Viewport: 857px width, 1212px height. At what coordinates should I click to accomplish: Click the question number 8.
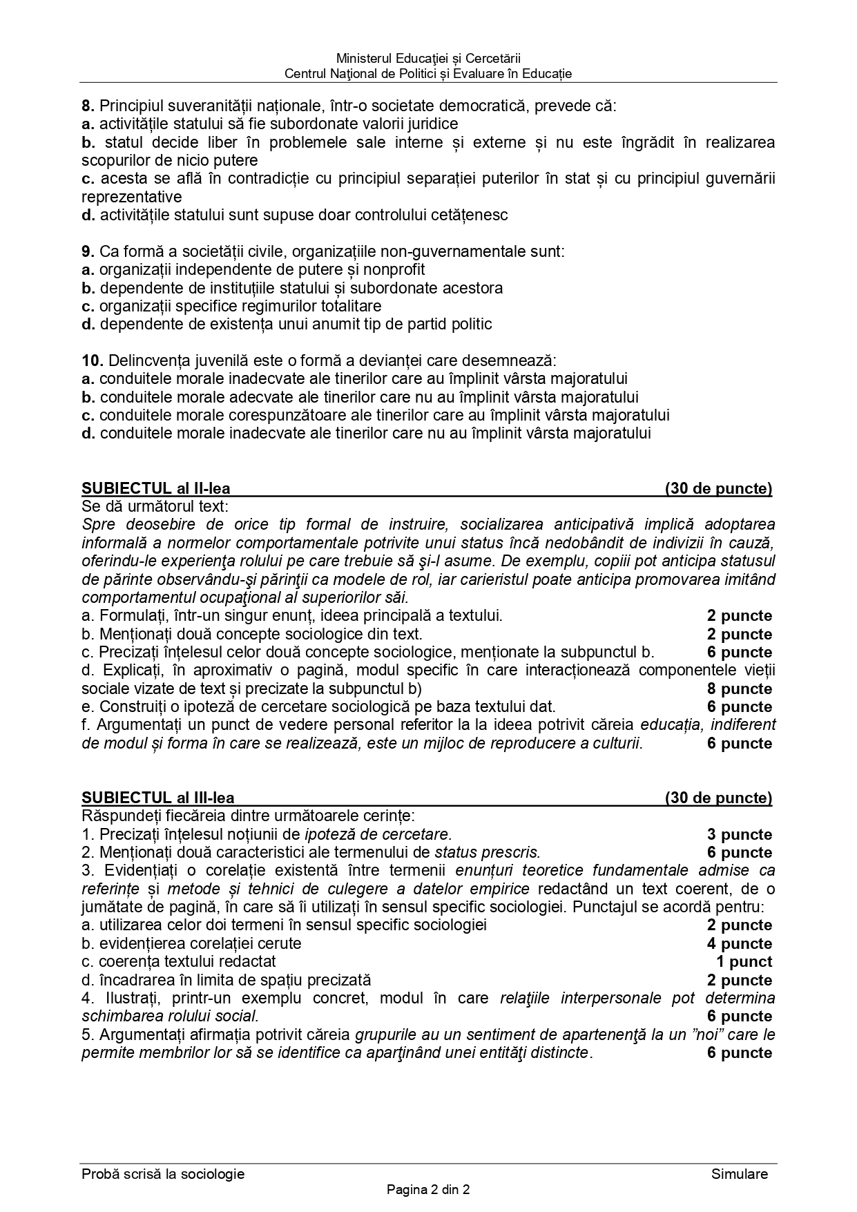pos(88,106)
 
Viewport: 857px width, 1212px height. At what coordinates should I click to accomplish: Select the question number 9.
pos(88,251)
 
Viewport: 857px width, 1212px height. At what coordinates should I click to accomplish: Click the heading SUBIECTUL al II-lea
pos(156,489)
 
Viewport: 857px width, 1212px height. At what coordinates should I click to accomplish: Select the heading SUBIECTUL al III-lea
pos(158,798)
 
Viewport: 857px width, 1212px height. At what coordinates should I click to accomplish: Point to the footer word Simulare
pos(739,1174)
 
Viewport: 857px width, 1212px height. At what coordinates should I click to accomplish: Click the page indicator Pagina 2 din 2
pos(428,1190)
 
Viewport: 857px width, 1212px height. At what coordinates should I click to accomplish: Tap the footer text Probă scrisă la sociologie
pos(163,1174)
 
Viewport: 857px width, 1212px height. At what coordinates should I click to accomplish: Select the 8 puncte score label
pos(739,689)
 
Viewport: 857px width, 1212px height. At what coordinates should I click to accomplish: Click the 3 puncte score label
pos(739,835)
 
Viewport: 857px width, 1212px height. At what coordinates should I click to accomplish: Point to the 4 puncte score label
pos(739,944)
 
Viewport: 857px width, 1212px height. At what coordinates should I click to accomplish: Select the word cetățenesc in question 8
pos(470,215)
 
